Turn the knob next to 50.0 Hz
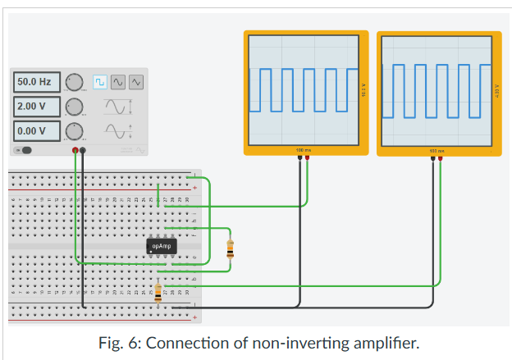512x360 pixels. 75,82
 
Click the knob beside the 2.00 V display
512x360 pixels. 75,107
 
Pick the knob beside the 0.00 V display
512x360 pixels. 75,130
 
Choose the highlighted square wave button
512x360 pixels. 99,82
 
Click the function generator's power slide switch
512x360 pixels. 25,150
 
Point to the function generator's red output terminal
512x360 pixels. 75,151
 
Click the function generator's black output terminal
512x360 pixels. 83,151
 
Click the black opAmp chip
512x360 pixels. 161,245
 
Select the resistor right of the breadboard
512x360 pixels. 230,247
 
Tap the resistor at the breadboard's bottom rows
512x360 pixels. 158,291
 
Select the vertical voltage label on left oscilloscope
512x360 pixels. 363,90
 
